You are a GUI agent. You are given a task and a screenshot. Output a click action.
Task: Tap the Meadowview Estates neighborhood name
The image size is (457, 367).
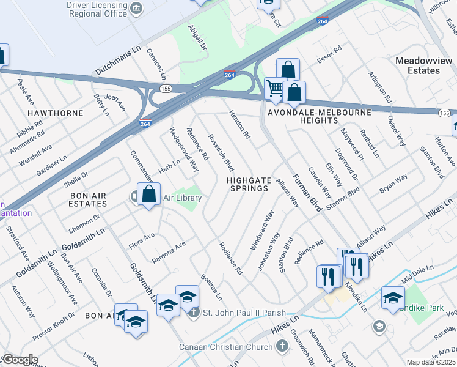(423, 65)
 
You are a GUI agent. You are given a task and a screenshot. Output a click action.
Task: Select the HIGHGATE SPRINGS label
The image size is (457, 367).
(247, 184)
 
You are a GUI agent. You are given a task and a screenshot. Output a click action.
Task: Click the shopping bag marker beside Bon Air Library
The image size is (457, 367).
(148, 195)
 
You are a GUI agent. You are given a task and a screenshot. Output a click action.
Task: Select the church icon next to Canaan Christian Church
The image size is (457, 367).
(282, 347)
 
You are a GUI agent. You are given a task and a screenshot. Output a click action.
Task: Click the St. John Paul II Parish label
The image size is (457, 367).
(244, 313)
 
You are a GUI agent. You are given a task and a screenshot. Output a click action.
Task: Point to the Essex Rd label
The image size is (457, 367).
(328, 56)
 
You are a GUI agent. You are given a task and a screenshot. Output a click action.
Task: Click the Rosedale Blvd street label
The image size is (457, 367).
(221, 152)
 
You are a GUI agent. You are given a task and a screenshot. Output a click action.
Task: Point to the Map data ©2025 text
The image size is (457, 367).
(431, 362)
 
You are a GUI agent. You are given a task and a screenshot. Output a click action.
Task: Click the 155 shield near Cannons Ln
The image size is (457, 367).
(166, 89)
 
